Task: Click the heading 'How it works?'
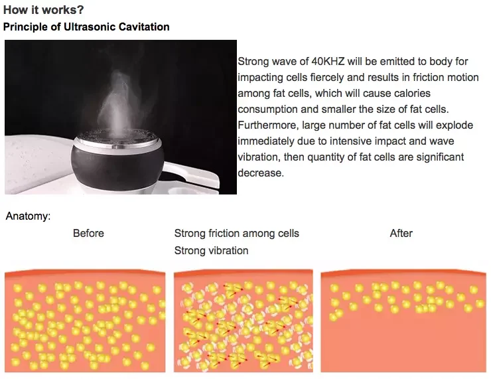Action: (44, 10)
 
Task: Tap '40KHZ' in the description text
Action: (328, 61)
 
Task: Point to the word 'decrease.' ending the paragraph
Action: (261, 173)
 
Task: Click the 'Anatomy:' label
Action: (28, 216)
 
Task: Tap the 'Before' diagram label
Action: (88, 234)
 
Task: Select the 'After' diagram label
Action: (401, 234)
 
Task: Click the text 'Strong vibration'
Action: (212, 251)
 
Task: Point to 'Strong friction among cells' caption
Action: (237, 234)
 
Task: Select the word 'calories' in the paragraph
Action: (413, 94)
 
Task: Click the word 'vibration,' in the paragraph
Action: (259, 157)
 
